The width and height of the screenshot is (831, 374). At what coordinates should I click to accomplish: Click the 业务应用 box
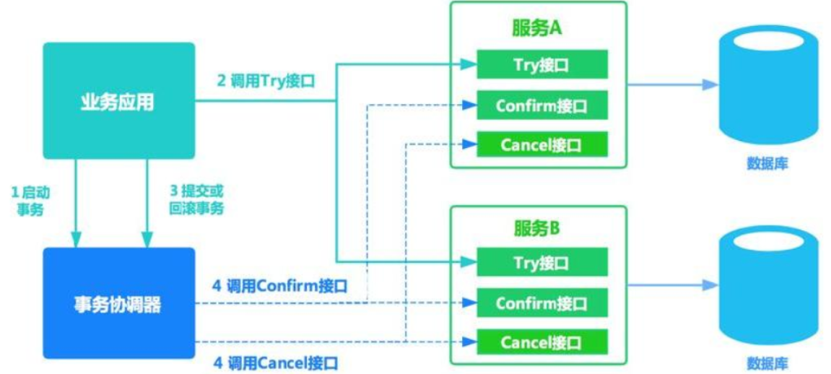[x=118, y=100]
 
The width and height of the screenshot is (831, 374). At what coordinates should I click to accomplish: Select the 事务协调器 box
[x=118, y=303]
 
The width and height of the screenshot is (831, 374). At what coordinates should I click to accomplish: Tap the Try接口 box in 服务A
[x=541, y=65]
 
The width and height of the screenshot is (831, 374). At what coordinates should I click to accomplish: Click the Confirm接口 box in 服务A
[x=541, y=105]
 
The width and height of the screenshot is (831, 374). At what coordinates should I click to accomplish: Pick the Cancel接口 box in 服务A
[x=541, y=145]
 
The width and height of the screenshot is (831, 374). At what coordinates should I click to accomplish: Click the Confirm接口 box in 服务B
[x=541, y=303]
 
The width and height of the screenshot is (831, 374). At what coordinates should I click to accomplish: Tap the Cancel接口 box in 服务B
[x=541, y=342]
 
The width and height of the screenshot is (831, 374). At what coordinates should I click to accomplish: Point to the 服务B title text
[x=537, y=229]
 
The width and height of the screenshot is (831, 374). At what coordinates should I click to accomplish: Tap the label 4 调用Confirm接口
[x=281, y=286]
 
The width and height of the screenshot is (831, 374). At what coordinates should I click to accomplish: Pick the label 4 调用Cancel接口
[x=276, y=362]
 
